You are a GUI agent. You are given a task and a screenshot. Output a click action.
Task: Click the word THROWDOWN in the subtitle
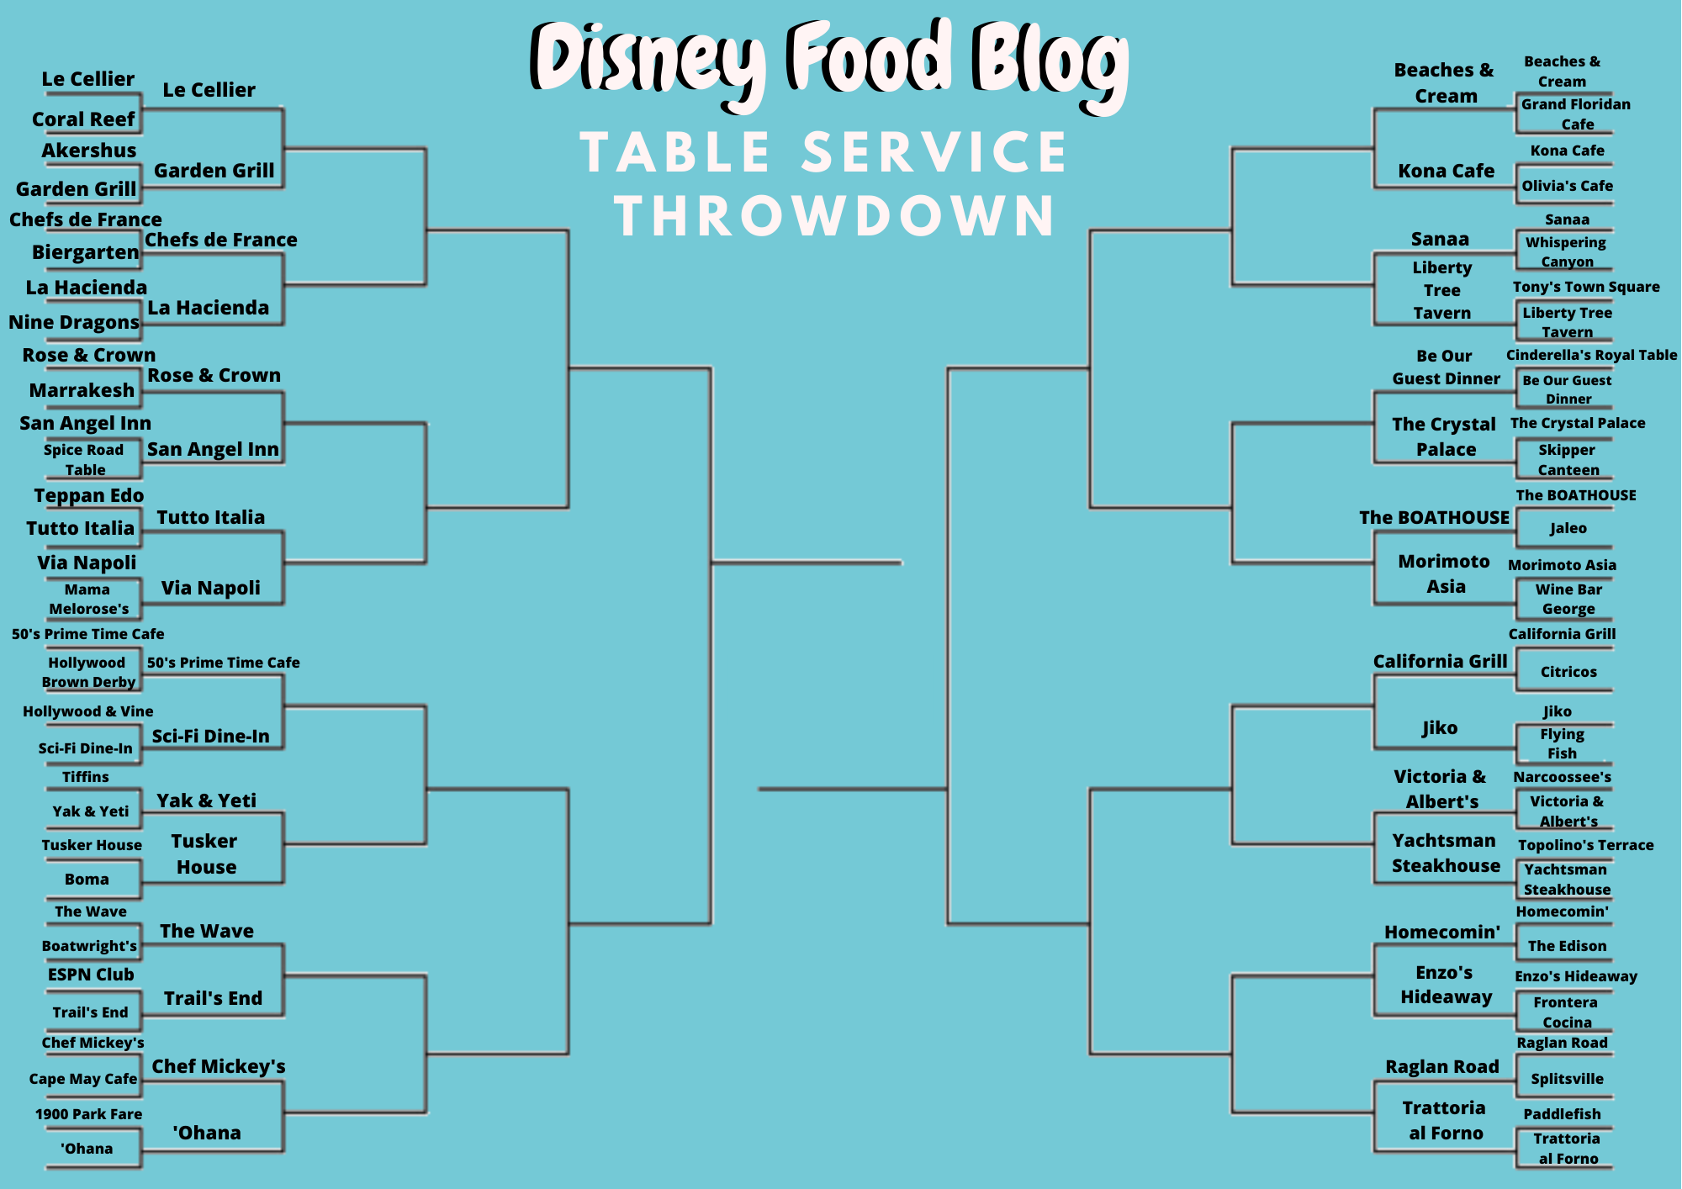coord(835,216)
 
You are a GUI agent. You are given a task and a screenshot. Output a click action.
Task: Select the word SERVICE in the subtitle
coord(934,152)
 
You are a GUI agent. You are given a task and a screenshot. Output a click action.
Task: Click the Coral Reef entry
coord(83,119)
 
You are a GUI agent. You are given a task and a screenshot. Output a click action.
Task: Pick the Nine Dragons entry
coord(74,322)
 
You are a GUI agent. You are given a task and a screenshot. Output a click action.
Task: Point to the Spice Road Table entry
coord(84,460)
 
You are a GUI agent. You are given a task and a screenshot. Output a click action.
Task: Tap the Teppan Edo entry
coord(89,496)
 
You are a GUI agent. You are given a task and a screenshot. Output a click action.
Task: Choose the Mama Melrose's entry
coord(88,600)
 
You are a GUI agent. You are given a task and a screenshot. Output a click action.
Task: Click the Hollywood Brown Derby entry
coord(88,673)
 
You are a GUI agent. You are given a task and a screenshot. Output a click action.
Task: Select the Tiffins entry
coord(86,777)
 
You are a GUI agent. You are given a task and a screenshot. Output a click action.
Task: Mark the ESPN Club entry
coord(91,975)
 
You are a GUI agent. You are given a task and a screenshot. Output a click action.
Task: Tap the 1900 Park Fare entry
coord(88,1114)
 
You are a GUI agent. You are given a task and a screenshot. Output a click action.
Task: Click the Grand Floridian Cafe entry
coord(1576,114)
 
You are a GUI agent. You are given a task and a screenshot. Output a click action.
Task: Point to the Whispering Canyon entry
coord(1566,251)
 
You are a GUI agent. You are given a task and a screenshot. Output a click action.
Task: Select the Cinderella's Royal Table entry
coord(1592,355)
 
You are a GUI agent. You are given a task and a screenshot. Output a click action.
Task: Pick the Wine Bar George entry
coord(1568,599)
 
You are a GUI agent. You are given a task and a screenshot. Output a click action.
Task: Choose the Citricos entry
coord(1568,672)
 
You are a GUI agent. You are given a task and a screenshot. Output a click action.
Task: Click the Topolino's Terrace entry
coord(1586,845)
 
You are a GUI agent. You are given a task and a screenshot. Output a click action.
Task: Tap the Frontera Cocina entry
coord(1566,1012)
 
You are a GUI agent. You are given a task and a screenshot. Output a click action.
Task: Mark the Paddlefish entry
coord(1563,1114)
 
